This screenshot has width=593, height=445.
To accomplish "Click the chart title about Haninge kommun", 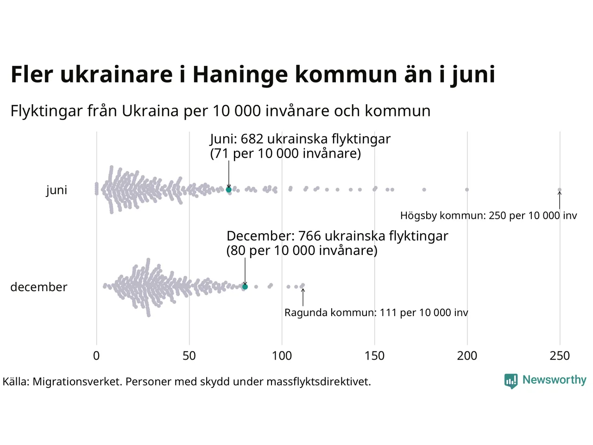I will (252, 75).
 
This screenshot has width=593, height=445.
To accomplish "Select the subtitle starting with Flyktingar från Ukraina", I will (221, 111).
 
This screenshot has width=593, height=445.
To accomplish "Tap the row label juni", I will (57, 190).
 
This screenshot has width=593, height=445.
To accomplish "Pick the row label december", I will (39, 287).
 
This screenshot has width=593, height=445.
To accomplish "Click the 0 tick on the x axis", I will (96, 356).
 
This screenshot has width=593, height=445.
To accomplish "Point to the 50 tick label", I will (189, 356).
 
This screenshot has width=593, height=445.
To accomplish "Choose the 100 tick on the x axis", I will (282, 356).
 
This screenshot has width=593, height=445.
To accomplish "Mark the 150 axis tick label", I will (374, 356).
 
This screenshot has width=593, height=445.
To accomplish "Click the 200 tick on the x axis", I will (467, 356).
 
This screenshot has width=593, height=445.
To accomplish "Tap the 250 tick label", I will (560, 356).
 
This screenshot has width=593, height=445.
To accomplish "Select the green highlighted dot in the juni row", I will (228, 190).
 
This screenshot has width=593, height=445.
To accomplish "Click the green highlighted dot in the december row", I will (245, 287).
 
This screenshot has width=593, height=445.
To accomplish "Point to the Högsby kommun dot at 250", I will (560, 190).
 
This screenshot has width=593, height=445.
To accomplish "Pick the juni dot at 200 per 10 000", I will (467, 190).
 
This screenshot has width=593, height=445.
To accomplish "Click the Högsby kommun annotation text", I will (488, 216).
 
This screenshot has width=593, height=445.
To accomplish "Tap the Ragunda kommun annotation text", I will (376, 313).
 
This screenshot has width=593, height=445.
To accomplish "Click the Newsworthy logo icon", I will (511, 381).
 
